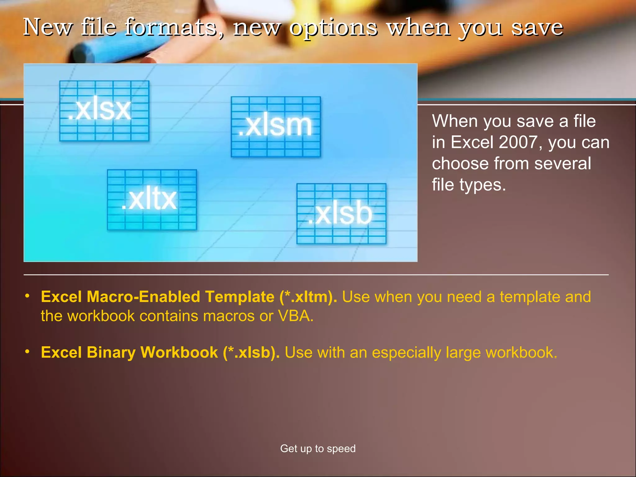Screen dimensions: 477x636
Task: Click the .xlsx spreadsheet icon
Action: point(104,111)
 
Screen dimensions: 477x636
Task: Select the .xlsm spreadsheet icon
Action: point(276,127)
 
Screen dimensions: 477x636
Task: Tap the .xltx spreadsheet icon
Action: point(152,200)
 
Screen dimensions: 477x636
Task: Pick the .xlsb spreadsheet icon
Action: point(341,214)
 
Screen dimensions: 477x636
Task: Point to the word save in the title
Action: point(537,27)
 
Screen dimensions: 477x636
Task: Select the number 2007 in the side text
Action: point(518,142)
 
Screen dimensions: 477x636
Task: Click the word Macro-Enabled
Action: point(143,297)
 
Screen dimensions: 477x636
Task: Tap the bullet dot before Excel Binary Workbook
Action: point(27,352)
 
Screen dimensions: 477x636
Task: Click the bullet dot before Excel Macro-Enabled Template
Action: point(27,296)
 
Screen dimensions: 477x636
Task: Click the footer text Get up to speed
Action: point(318,448)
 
